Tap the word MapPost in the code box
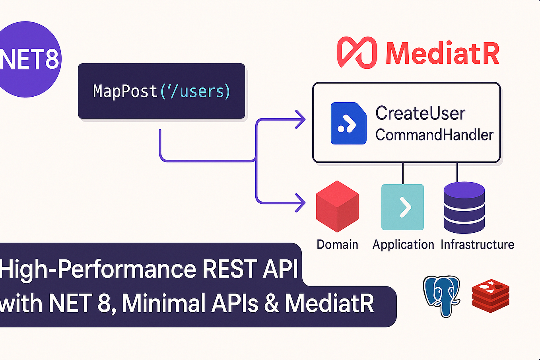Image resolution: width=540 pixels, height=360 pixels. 125,91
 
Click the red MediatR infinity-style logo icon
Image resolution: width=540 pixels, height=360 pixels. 357,53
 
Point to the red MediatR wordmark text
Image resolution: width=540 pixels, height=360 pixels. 442,53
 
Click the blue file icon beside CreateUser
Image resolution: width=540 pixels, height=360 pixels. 348,123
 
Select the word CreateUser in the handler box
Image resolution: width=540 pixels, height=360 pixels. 420,113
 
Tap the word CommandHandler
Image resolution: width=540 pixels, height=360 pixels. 434,135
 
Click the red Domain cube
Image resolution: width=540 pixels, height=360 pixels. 337,206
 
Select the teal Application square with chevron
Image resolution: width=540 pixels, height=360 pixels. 402,207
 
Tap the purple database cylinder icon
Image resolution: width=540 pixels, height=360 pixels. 464,208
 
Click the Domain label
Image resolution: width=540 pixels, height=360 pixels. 337,244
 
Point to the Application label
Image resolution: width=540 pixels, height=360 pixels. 403,244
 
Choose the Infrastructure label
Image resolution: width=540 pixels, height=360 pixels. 477,244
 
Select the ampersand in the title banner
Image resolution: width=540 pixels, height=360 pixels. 272,304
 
